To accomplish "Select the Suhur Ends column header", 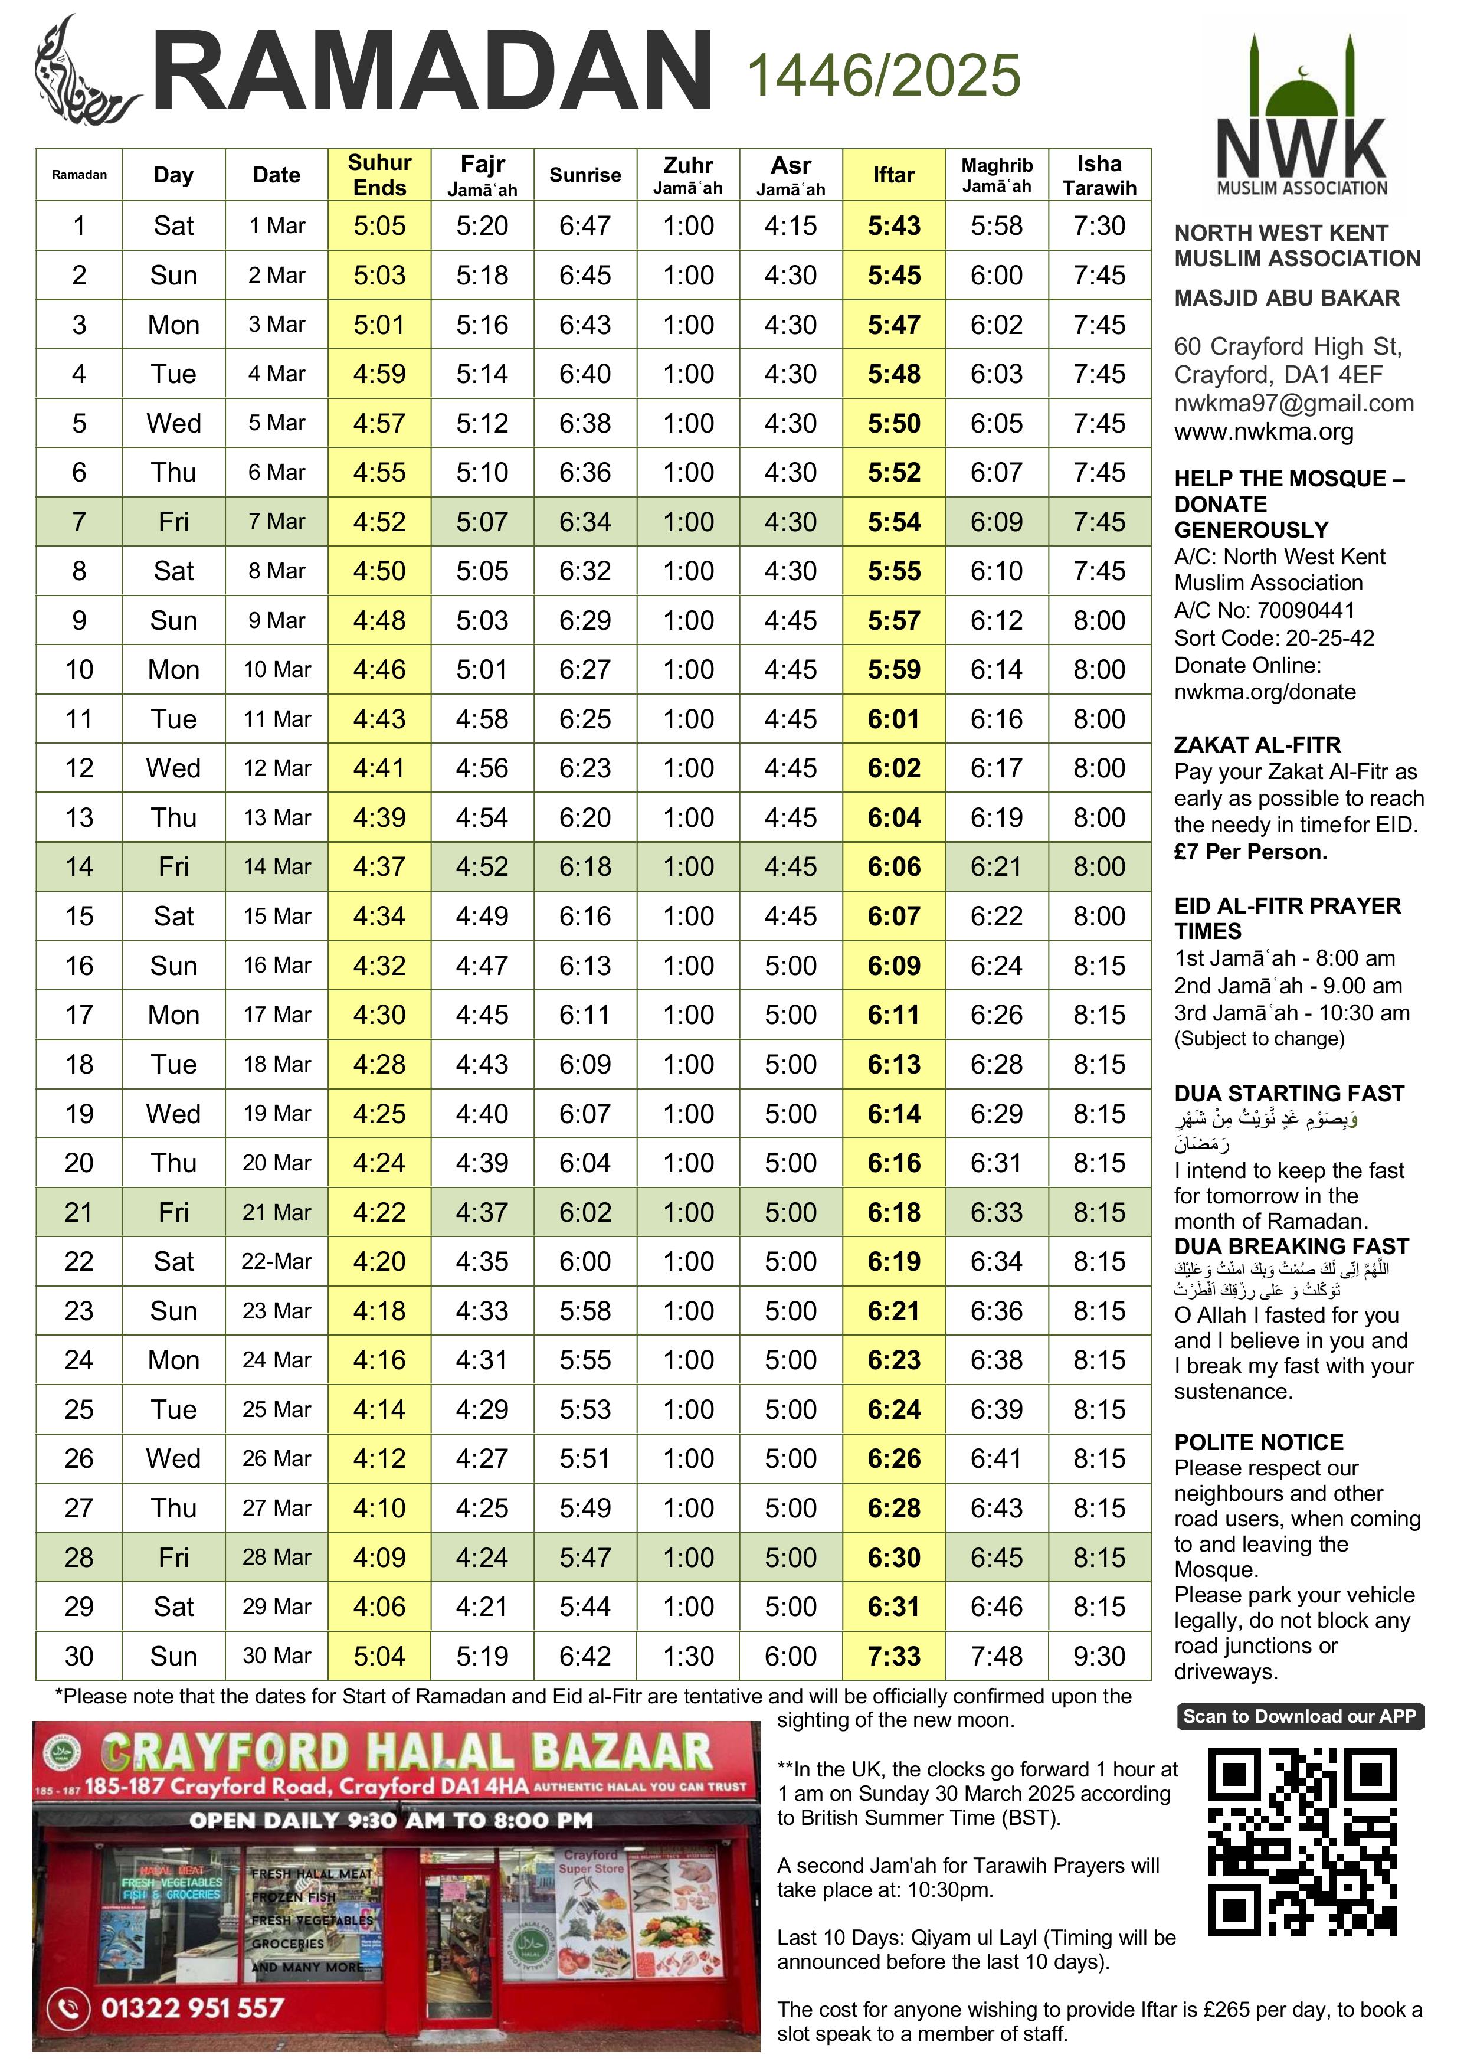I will (x=379, y=175).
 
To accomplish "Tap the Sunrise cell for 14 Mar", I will (x=585, y=867).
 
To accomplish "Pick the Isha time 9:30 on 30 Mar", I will (x=1099, y=1656).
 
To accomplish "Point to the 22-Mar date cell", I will (x=276, y=1261).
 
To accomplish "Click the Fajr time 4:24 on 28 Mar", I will (x=482, y=1558).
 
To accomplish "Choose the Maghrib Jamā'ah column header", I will (x=996, y=175).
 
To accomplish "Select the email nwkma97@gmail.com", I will (x=1293, y=403).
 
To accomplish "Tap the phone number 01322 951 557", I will (x=192, y=2008).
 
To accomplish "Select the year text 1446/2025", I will (x=883, y=75).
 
